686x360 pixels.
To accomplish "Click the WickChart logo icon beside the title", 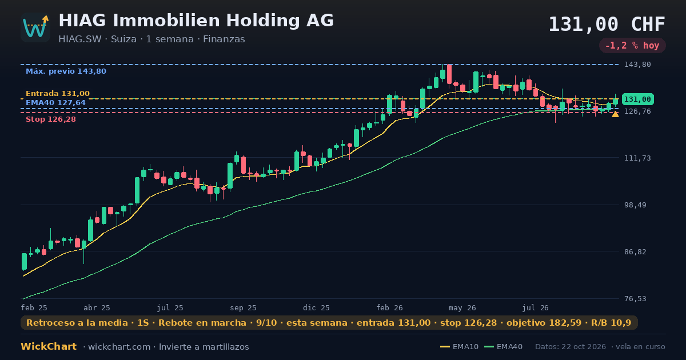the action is tap(35, 27).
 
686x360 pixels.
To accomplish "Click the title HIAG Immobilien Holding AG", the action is tap(196, 21).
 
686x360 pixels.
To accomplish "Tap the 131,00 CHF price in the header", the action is tap(607, 24).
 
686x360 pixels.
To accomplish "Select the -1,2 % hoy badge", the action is tap(632, 46).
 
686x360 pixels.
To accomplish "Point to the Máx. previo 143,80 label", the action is tap(66, 71).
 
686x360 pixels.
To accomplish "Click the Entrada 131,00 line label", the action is tap(58, 93).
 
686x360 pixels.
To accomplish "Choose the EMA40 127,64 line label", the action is tap(55, 102).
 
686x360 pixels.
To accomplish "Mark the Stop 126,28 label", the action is tap(50, 119).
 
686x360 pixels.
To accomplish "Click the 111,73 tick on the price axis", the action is tap(637, 158).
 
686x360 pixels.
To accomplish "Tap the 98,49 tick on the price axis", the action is tap(636, 205).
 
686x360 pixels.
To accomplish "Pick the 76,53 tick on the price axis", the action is tap(636, 298).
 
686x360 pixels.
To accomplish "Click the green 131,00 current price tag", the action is tap(637, 99).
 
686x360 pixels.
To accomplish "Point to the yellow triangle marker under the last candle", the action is tap(615, 114).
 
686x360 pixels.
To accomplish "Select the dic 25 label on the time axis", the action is tap(316, 307).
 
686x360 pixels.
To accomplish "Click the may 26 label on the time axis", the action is tap(462, 307).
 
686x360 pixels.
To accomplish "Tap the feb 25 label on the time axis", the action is tap(34, 307).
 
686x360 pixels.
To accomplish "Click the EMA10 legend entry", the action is tap(459, 347).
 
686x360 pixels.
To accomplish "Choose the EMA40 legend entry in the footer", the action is tap(504, 347).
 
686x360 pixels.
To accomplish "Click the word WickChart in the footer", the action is tap(49, 346).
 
